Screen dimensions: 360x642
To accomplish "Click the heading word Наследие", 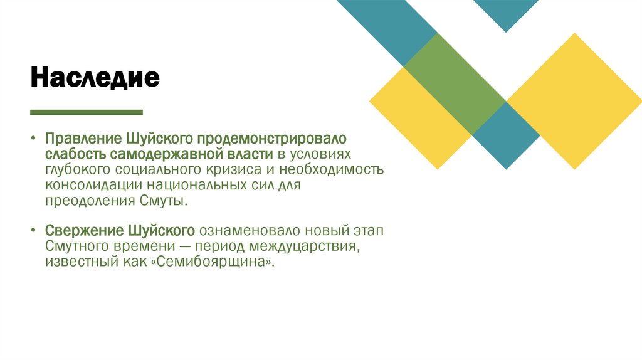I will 95,78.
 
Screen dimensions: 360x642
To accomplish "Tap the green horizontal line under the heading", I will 87,112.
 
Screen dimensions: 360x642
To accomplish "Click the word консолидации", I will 93,186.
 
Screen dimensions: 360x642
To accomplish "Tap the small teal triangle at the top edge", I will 505,13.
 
